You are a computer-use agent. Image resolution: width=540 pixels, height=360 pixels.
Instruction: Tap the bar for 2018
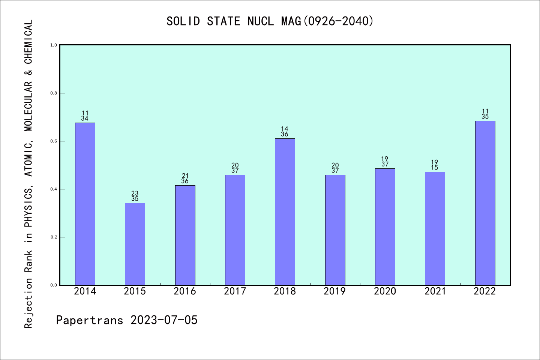pyautogui.click(x=285, y=212)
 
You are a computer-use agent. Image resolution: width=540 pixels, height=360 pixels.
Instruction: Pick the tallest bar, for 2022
pyautogui.click(x=485, y=203)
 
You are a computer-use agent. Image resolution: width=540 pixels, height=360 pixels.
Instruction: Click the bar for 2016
pyautogui.click(x=185, y=235)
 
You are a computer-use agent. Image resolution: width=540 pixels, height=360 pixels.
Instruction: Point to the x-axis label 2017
pyautogui.click(x=235, y=291)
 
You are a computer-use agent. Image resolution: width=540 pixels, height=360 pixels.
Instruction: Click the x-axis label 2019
pyautogui.click(x=335, y=291)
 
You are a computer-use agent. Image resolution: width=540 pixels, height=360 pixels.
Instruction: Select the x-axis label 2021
pyautogui.click(x=435, y=291)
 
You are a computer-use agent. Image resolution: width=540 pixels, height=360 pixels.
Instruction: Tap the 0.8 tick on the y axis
pyautogui.click(x=54, y=93)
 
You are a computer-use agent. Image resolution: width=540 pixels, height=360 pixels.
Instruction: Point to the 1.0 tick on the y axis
pyautogui.click(x=54, y=45)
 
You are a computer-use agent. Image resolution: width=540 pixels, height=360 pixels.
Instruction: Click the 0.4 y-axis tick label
pyautogui.click(x=54, y=189)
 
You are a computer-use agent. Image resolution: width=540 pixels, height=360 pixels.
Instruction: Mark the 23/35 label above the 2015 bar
pyautogui.click(x=135, y=196)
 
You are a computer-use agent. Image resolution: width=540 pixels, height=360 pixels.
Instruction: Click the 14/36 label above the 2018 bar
pyautogui.click(x=285, y=132)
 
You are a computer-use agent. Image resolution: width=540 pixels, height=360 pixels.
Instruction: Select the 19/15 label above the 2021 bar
pyautogui.click(x=435, y=165)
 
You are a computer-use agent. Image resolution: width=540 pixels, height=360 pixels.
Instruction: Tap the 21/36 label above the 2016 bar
pyautogui.click(x=185, y=178)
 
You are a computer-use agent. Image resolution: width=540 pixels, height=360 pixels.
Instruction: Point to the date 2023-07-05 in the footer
pyautogui.click(x=164, y=320)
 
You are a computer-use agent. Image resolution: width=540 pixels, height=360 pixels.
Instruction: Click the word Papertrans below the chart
pyautogui.click(x=90, y=320)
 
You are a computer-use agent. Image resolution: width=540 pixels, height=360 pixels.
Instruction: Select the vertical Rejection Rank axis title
pyautogui.click(x=28, y=174)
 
